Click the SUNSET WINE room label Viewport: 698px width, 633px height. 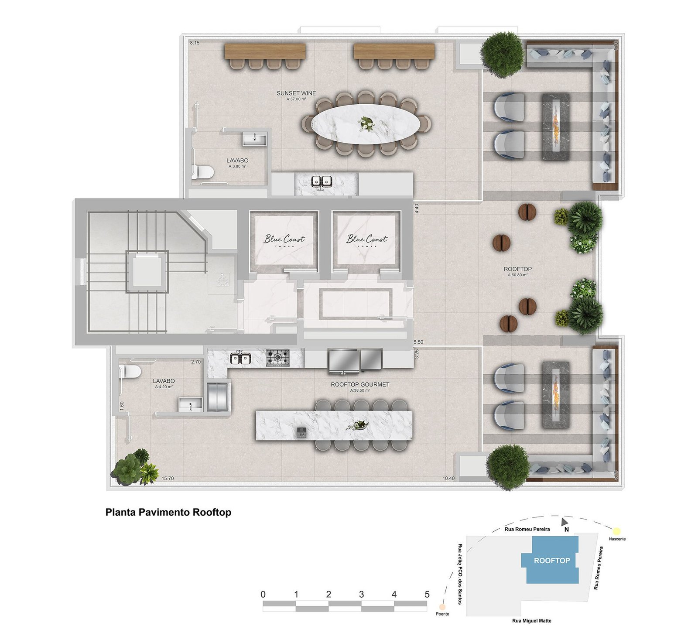(x=296, y=93)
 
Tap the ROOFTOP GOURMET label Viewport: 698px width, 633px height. (x=359, y=384)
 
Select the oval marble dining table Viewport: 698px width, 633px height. (x=366, y=124)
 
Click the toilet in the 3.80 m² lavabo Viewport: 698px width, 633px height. (x=202, y=172)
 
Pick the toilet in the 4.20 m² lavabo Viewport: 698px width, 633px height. (x=130, y=372)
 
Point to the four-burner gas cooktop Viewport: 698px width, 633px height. (x=277, y=358)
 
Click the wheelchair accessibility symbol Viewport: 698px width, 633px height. (x=223, y=279)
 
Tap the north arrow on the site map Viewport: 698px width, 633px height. (x=565, y=521)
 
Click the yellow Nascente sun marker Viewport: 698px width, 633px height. (x=616, y=531)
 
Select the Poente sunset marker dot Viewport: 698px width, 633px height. (x=442, y=607)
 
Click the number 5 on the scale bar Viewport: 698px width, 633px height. (x=427, y=594)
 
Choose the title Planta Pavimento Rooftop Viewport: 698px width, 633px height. (x=168, y=512)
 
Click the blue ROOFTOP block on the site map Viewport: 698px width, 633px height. (x=552, y=561)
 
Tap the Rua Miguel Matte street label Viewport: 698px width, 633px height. (x=531, y=621)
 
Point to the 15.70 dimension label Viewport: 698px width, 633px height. (x=168, y=479)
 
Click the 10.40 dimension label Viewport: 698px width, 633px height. (x=448, y=479)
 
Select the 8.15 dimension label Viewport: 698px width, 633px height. (x=195, y=43)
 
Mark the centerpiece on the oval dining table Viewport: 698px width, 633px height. (x=366, y=124)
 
